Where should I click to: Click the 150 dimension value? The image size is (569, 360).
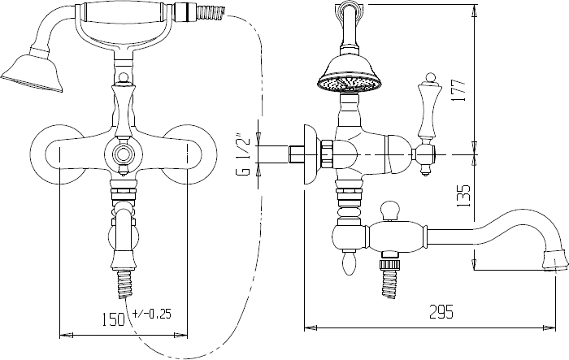[x=112, y=319]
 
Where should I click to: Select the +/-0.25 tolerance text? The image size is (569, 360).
[x=152, y=314]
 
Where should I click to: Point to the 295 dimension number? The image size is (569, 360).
[x=441, y=312]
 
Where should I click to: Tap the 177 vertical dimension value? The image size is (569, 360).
[x=459, y=90]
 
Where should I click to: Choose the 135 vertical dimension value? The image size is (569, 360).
[x=463, y=196]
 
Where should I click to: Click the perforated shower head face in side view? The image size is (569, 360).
[x=350, y=85]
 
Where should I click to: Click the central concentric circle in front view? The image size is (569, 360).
[x=123, y=154]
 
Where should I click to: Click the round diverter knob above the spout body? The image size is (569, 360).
[x=389, y=210]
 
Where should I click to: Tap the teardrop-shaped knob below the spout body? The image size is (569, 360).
[x=349, y=264]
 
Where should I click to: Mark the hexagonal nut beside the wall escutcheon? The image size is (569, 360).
[x=328, y=154]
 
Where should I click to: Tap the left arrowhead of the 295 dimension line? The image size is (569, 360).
[x=310, y=327]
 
